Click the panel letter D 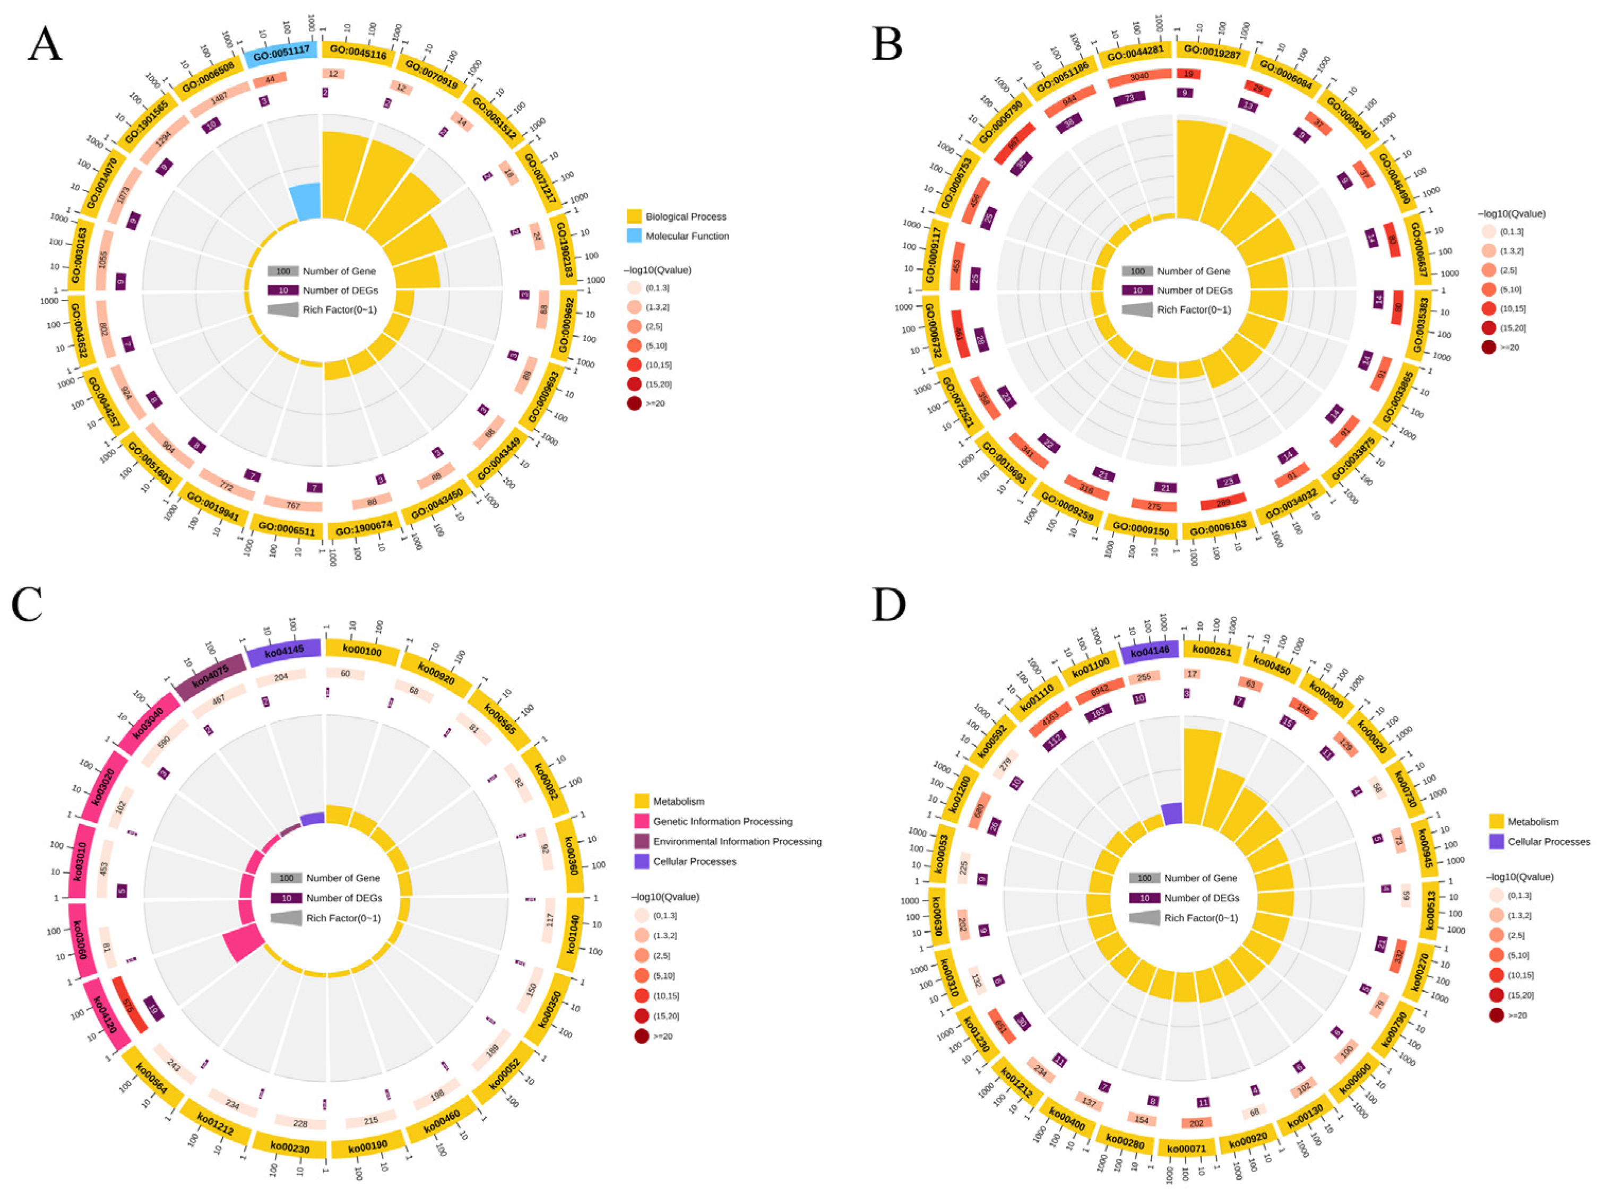click(888, 604)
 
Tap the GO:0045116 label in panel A click(358, 52)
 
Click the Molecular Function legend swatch click(634, 236)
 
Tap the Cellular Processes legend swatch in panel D click(1496, 842)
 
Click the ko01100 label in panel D click(1090, 663)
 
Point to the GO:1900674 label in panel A click(364, 528)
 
